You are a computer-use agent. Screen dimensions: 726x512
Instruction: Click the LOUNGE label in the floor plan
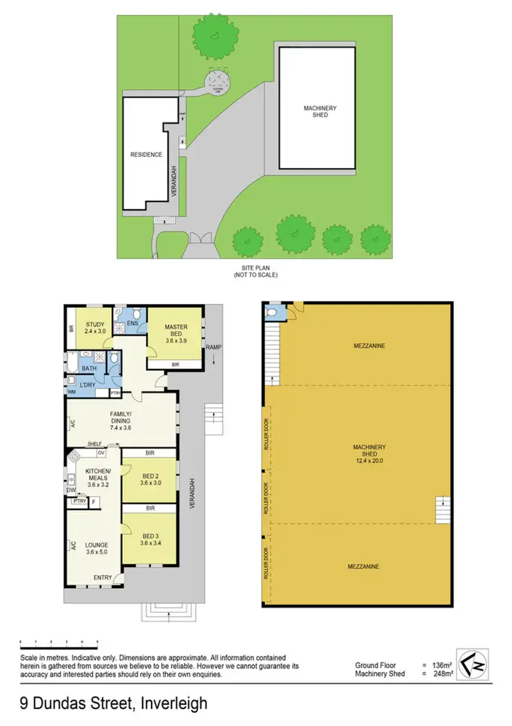coord(98,545)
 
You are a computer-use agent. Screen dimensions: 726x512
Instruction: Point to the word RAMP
coord(218,346)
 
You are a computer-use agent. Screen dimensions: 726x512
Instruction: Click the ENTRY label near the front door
coord(102,578)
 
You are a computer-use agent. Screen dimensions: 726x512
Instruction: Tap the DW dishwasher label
coord(71,490)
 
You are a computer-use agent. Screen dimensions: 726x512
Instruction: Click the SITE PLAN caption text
coord(257,267)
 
